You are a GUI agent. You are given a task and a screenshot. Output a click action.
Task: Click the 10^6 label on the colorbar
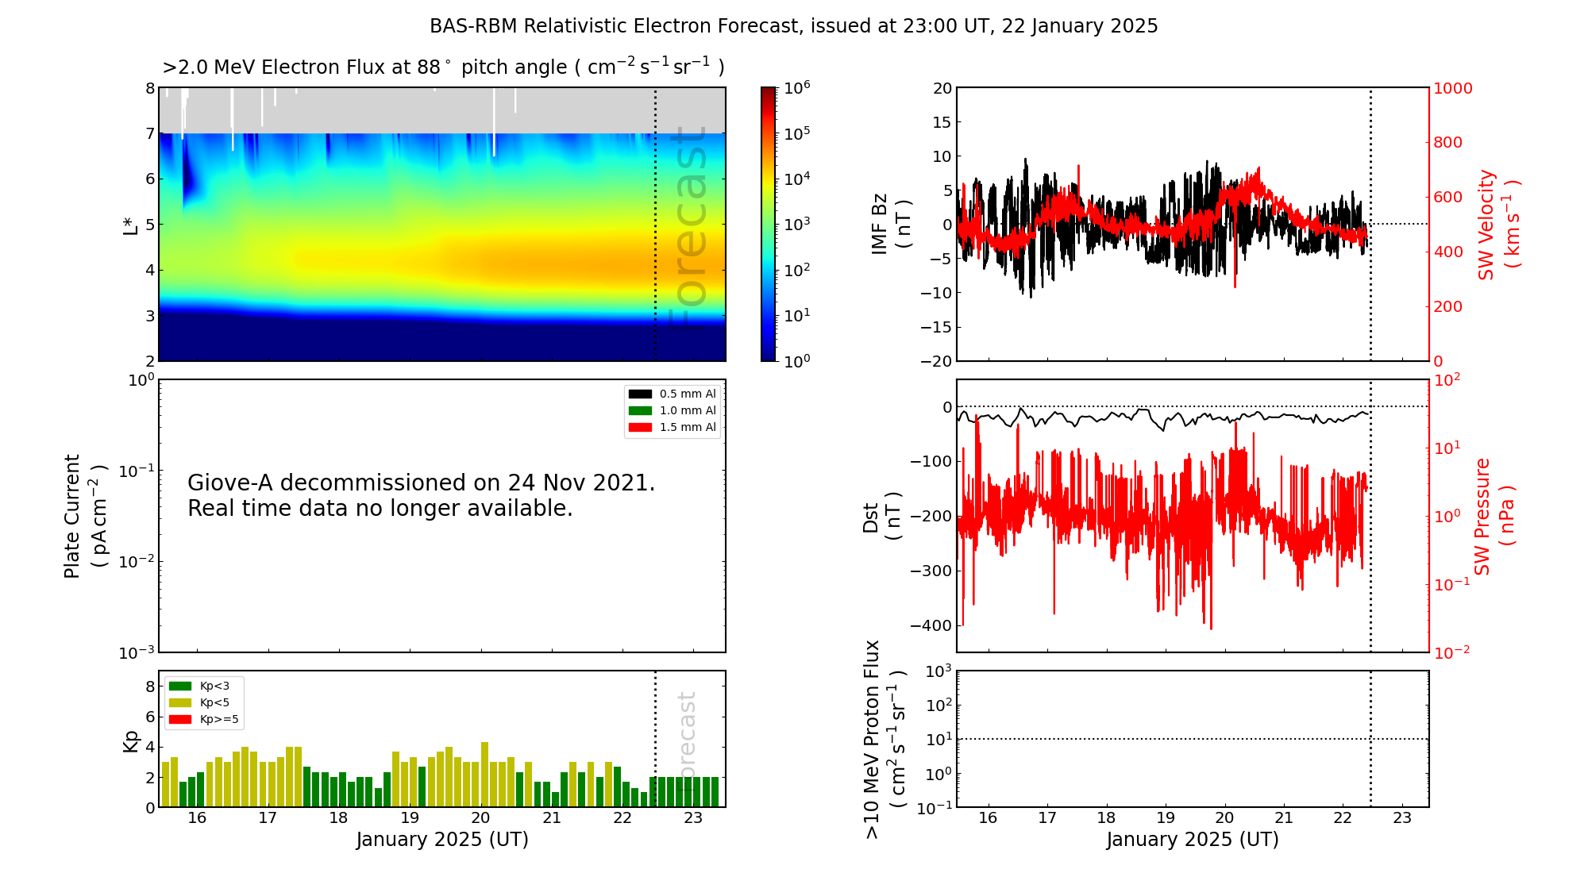coord(796,87)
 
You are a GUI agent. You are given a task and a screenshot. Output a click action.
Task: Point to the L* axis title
coord(130,225)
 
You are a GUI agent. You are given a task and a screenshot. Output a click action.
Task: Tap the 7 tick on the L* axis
coord(149,133)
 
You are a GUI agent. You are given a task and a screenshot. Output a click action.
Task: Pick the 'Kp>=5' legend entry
coord(204,720)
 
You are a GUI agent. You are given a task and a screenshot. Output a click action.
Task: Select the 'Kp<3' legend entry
coord(199,686)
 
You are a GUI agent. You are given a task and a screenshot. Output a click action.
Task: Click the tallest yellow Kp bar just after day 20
coord(484,775)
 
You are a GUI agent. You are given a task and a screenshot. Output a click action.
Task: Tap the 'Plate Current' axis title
coord(72,516)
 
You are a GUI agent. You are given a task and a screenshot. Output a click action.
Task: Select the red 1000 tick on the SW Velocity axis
coord(1452,88)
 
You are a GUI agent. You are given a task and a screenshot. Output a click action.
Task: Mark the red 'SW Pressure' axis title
coord(1482,516)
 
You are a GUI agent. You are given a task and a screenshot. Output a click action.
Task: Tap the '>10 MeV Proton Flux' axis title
coord(872,739)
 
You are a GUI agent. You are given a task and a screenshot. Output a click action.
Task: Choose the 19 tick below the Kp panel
coord(410,818)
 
